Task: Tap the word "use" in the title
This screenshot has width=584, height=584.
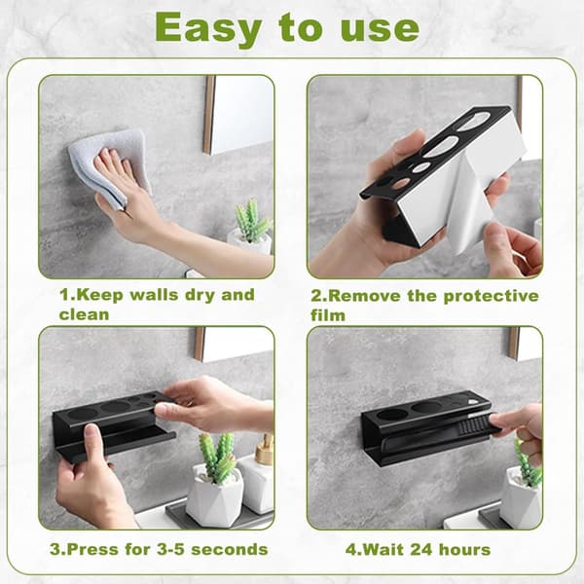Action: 380,29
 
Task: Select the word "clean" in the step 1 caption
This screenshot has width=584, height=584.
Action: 84,314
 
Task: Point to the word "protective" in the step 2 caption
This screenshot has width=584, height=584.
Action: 491,296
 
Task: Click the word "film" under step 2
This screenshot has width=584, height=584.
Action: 328,315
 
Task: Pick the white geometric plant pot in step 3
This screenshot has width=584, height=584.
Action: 214,495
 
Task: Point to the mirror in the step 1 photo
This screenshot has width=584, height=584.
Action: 238,115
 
